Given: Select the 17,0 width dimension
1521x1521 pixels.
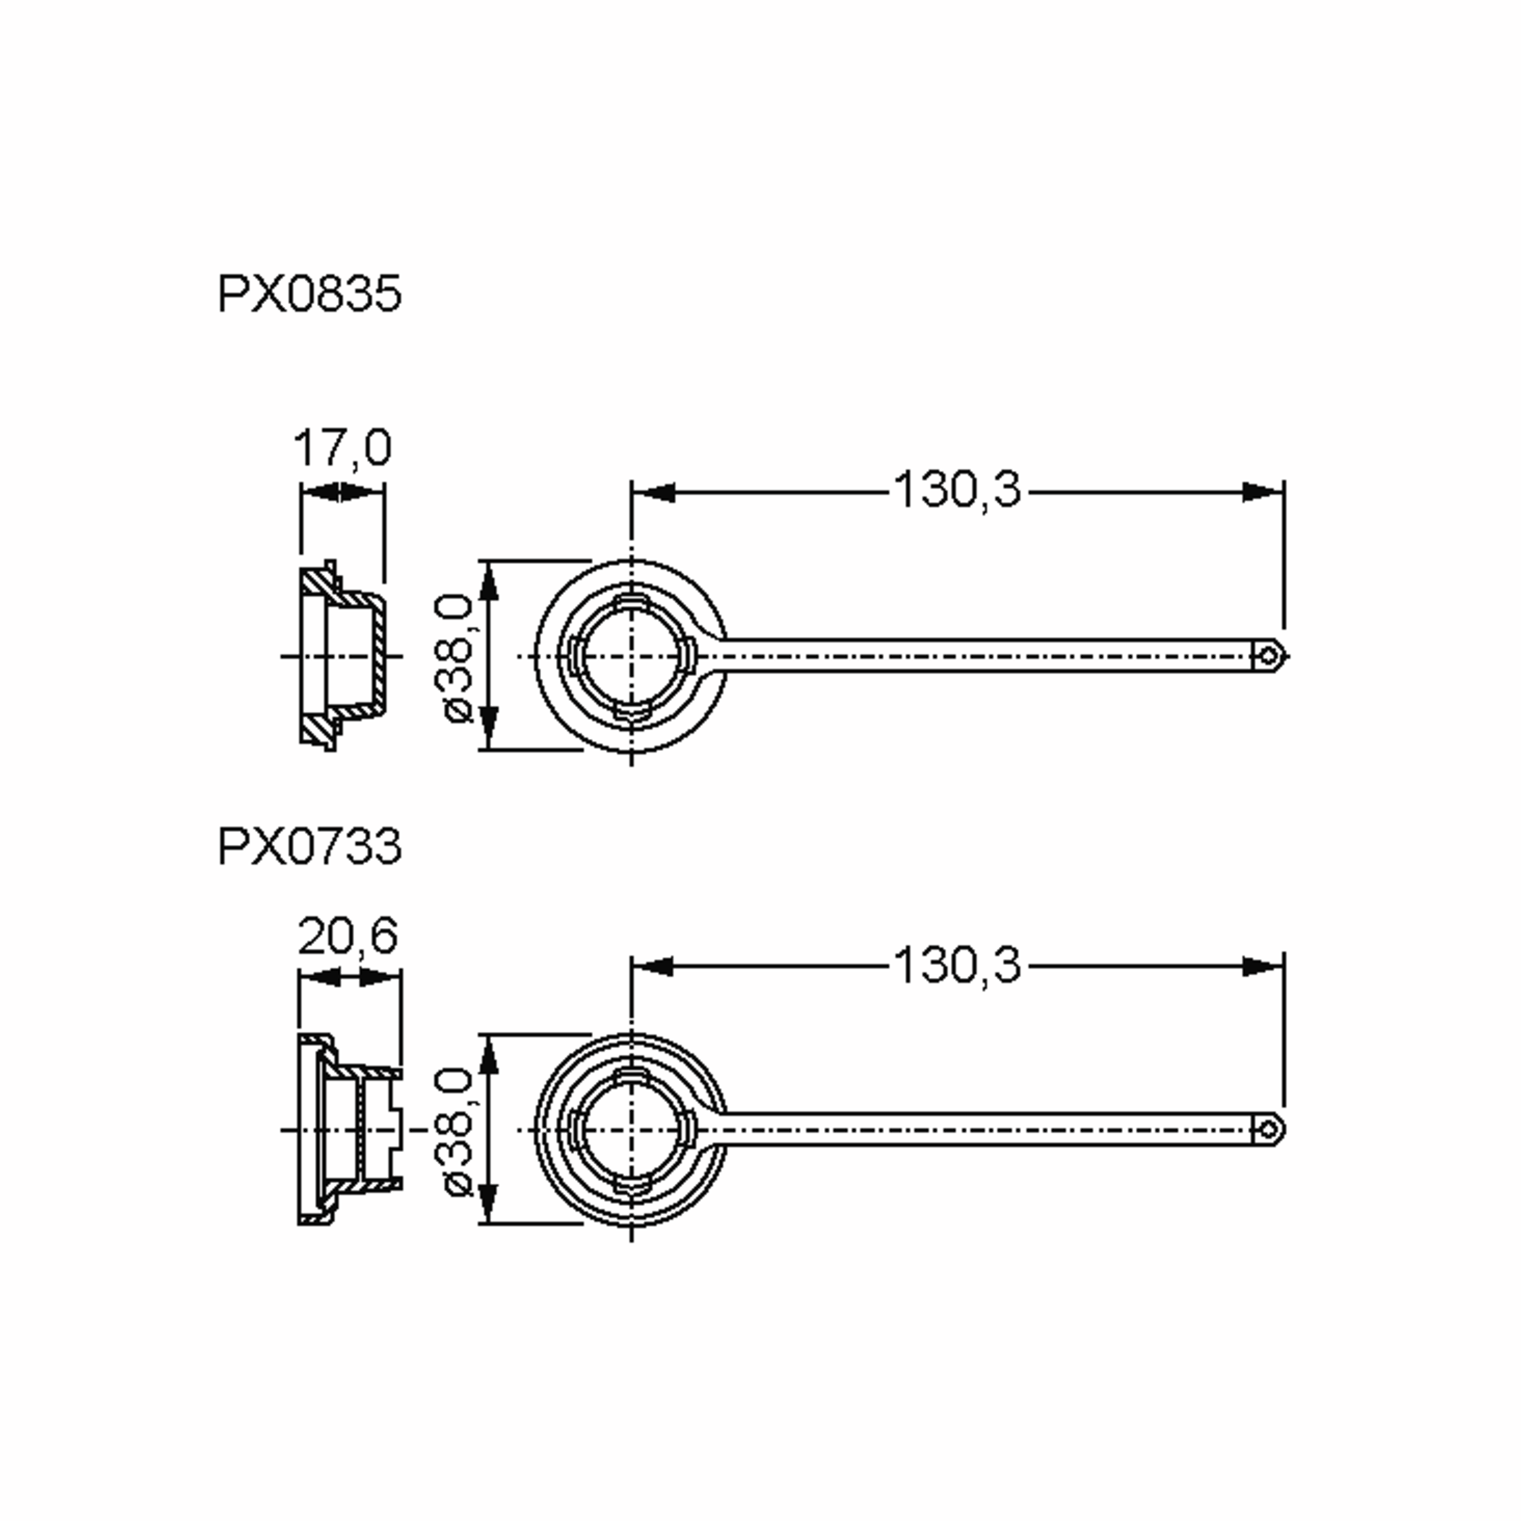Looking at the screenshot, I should coord(342,447).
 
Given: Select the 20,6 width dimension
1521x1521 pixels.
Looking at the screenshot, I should coord(348,936).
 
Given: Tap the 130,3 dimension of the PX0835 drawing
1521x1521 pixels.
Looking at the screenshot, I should coord(956,490).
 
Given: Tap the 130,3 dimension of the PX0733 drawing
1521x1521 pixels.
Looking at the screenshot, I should coord(956,965).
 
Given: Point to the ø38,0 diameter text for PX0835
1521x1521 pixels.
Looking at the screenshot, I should coord(458,657).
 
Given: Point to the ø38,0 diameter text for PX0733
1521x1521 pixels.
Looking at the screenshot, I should coord(458,1132).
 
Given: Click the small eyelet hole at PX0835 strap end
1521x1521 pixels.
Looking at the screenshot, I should coord(1268,656).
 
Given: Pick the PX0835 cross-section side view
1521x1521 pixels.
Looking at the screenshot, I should coord(342,656).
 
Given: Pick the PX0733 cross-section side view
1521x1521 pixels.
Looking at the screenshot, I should coord(349,1131).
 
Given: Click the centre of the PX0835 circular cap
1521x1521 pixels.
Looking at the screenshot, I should coord(631,656).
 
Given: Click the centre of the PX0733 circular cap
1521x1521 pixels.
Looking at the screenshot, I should coord(631,1131).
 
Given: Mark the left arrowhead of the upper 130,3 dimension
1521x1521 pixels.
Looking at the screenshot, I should coord(653,493).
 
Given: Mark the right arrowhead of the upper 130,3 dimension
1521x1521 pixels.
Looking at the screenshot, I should coord(1262,493).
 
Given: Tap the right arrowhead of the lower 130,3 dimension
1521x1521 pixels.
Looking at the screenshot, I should coord(1262,966).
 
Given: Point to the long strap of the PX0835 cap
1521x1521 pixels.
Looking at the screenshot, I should coord(984,656).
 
